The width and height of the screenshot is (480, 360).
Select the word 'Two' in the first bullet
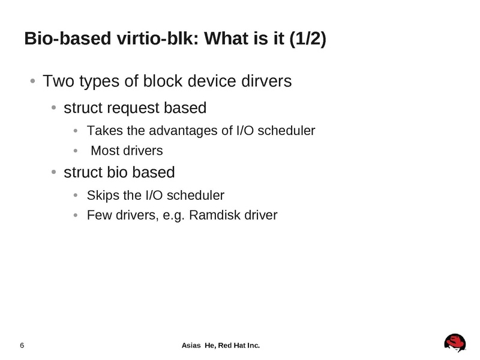(58, 80)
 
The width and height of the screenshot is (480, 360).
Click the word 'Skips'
(101, 196)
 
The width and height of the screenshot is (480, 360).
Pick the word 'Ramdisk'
(212, 215)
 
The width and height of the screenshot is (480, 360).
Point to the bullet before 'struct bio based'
(53, 173)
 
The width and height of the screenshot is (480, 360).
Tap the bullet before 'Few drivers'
(75, 215)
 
